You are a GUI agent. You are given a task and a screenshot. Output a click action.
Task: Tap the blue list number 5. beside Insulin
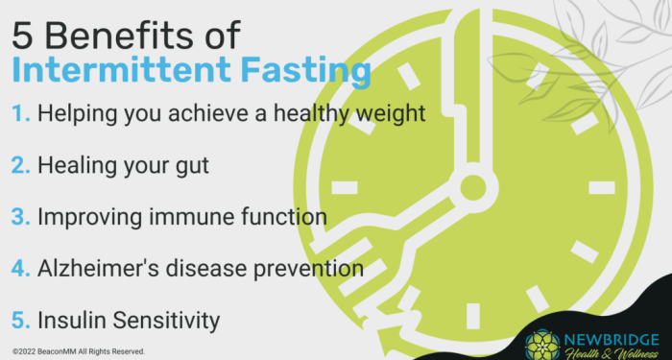coord(22,319)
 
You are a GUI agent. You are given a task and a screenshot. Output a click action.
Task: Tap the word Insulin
coord(67,319)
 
